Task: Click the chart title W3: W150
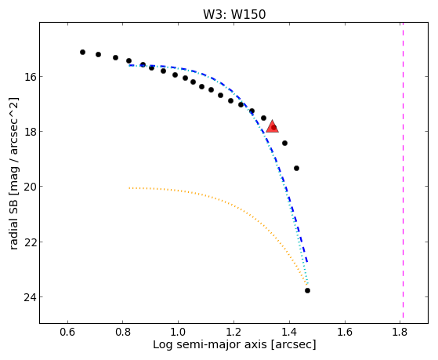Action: coord(234,15)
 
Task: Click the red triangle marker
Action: coord(272,126)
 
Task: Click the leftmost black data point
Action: coord(82,52)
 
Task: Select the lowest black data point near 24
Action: coord(307,291)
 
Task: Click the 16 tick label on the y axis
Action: coord(30,76)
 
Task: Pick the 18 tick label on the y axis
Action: coord(30,132)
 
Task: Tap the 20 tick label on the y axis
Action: coord(30,187)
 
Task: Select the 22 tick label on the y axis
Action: coord(30,242)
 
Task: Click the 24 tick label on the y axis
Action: coord(30,296)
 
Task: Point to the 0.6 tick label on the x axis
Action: coord(67,333)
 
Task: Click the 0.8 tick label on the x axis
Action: coord(123,333)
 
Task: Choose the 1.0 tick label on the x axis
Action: coord(178,333)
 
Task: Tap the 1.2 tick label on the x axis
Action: coord(233,333)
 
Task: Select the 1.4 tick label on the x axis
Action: coord(289,333)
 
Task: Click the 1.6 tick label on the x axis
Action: coord(345,333)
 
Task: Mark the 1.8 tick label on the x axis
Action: coord(400,333)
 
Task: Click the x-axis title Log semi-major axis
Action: coord(210,344)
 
